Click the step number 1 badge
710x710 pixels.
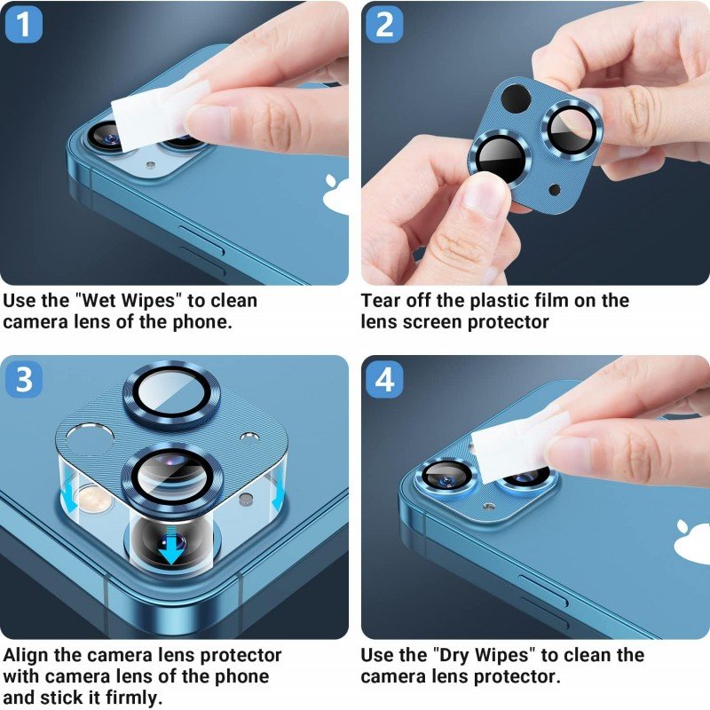tap(24, 25)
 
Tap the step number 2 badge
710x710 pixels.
tap(384, 25)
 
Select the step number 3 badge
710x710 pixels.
tap(24, 380)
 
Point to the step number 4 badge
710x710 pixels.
tap(384, 380)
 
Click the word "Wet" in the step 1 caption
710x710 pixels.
tap(101, 301)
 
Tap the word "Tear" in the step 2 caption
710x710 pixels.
tap(381, 301)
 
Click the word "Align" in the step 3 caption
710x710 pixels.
tap(27, 656)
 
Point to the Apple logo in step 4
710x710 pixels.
tap(693, 542)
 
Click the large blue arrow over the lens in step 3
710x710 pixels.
tap(171, 545)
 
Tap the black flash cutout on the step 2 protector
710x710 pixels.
tap(516, 99)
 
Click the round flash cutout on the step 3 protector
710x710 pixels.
tap(91, 438)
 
